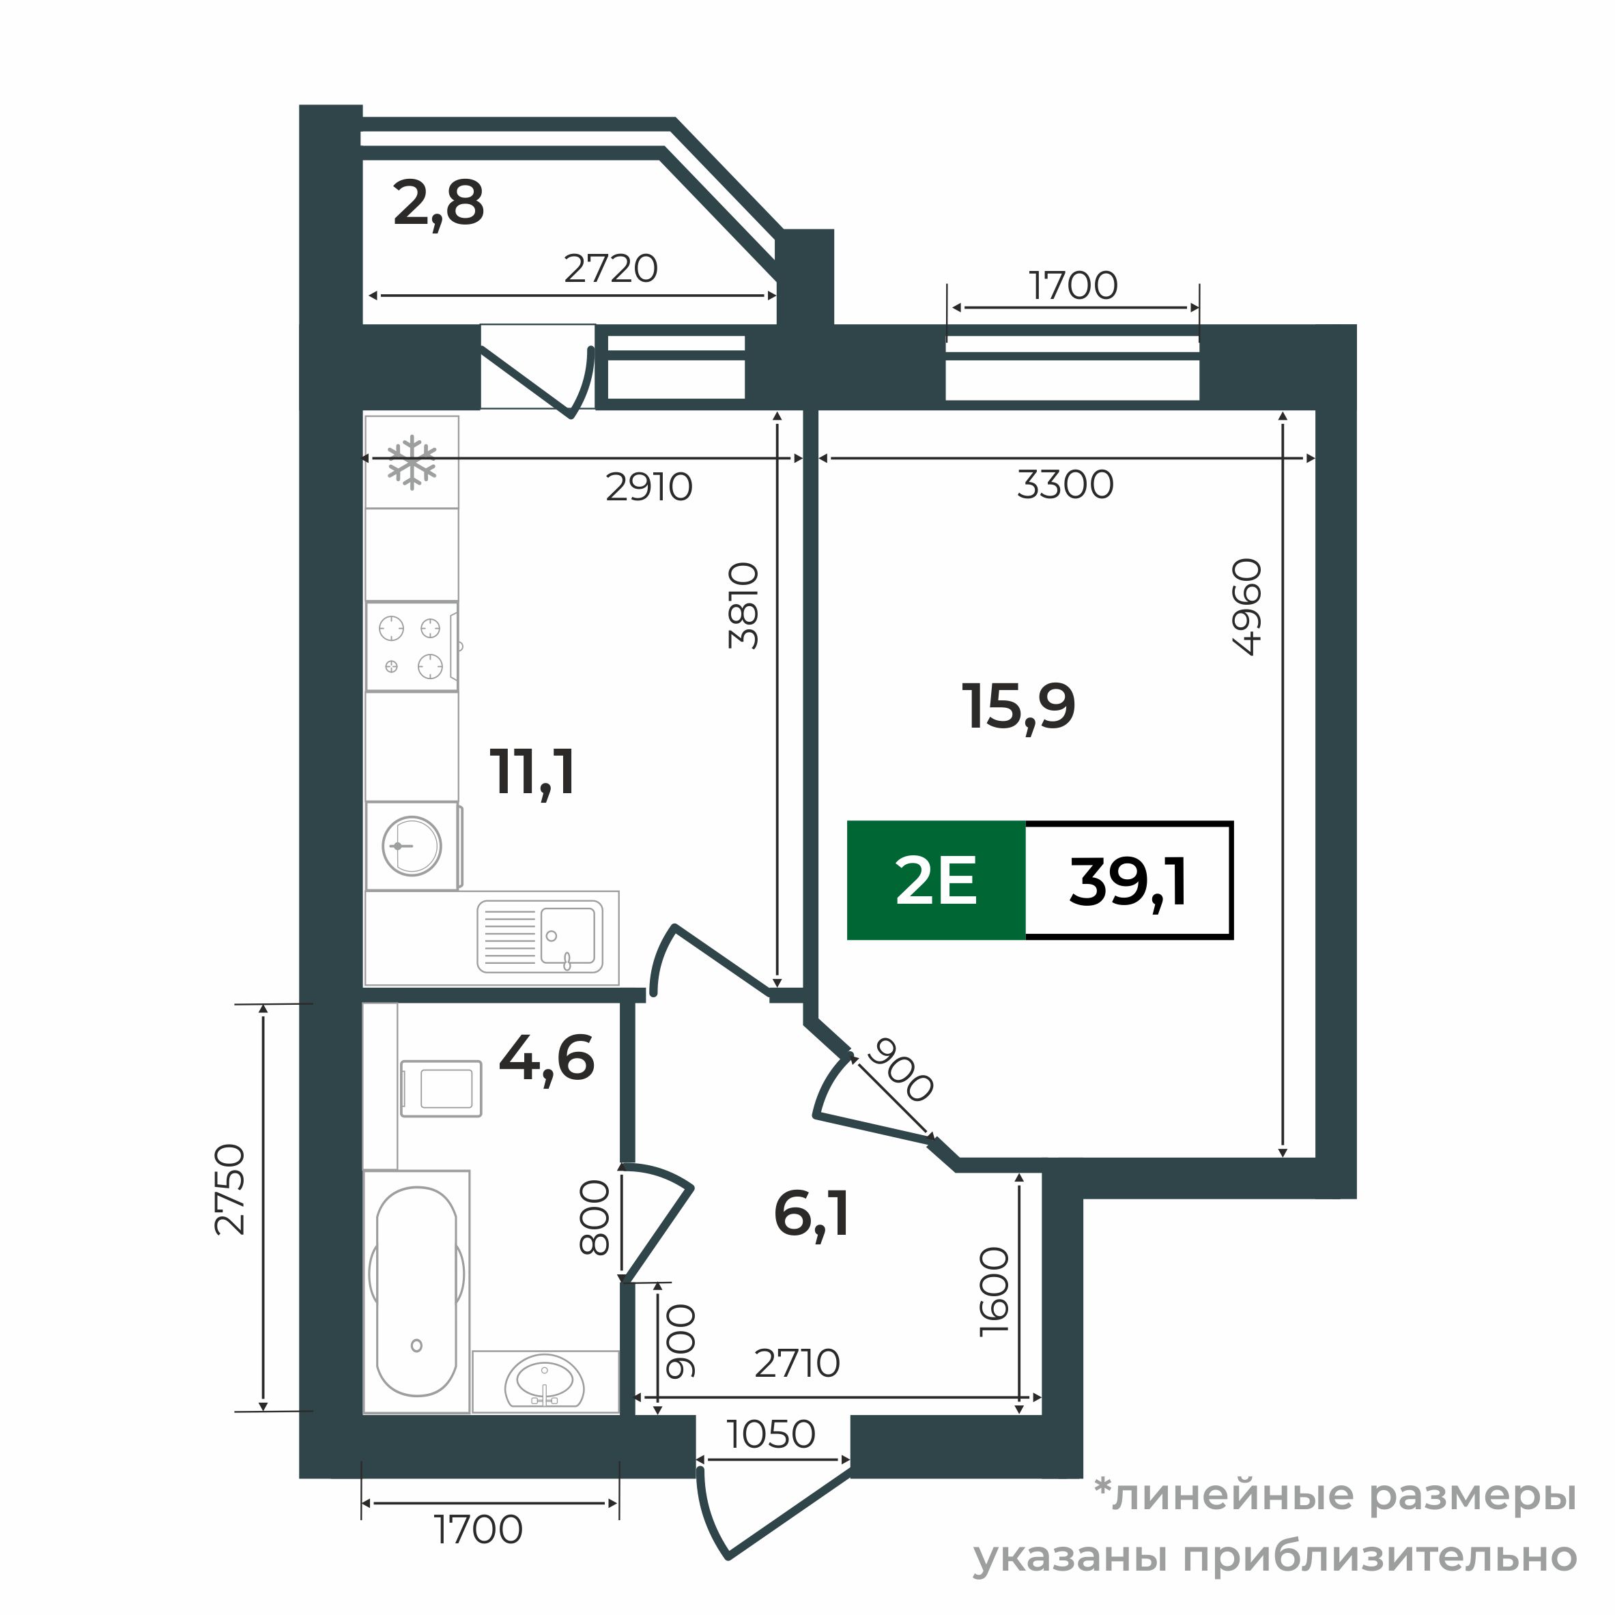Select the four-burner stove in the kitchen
point(412,646)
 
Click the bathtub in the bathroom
point(416,1292)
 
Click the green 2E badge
point(935,881)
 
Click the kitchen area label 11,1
point(533,773)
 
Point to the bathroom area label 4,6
point(546,1058)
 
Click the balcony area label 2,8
point(438,204)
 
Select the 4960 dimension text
point(1246,607)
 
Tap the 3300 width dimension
point(1065,485)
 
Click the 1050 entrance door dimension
point(771,1434)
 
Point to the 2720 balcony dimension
point(610,269)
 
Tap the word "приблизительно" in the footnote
point(1380,1556)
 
